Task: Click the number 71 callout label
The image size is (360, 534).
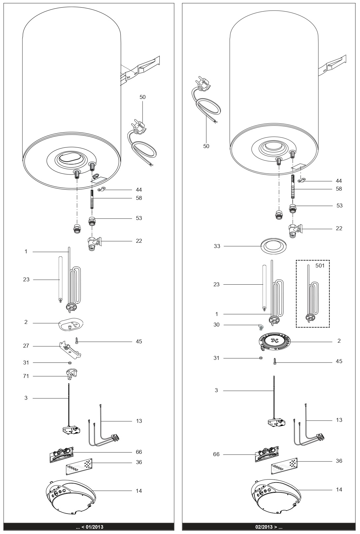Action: [x=26, y=376]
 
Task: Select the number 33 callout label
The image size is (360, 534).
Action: [x=216, y=246]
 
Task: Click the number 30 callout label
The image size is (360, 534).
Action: [x=216, y=325]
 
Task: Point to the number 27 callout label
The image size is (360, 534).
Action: [x=26, y=346]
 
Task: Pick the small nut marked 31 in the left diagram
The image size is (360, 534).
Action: [x=70, y=363]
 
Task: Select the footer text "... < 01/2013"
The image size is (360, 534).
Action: [x=89, y=527]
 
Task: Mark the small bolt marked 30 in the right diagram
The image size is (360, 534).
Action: [x=261, y=327]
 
